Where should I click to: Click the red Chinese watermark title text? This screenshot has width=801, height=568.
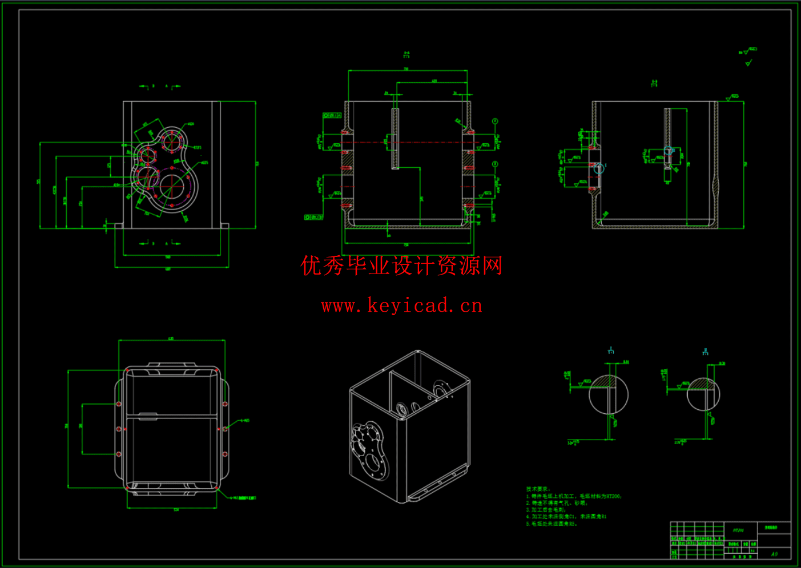[401, 266]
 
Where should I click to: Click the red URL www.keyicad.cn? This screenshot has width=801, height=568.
[401, 306]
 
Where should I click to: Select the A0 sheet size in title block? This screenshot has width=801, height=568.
[774, 554]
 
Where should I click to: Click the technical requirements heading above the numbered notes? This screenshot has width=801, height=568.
[538, 489]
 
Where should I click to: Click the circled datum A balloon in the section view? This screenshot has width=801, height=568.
[495, 122]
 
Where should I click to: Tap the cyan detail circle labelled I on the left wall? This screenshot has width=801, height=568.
[598, 168]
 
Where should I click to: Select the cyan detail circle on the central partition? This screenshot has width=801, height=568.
[669, 151]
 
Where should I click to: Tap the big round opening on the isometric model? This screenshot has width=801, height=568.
[375, 462]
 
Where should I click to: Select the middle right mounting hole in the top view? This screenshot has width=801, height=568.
[225, 429]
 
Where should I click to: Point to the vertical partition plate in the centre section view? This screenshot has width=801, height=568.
[395, 139]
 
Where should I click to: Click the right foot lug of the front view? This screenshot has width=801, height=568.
[225, 225]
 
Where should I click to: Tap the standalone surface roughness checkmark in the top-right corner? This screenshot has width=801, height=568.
[748, 63]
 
